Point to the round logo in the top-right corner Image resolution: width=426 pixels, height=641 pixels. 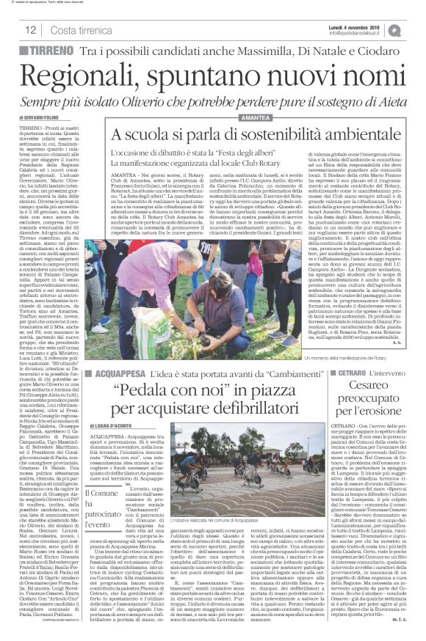pos(416,29)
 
